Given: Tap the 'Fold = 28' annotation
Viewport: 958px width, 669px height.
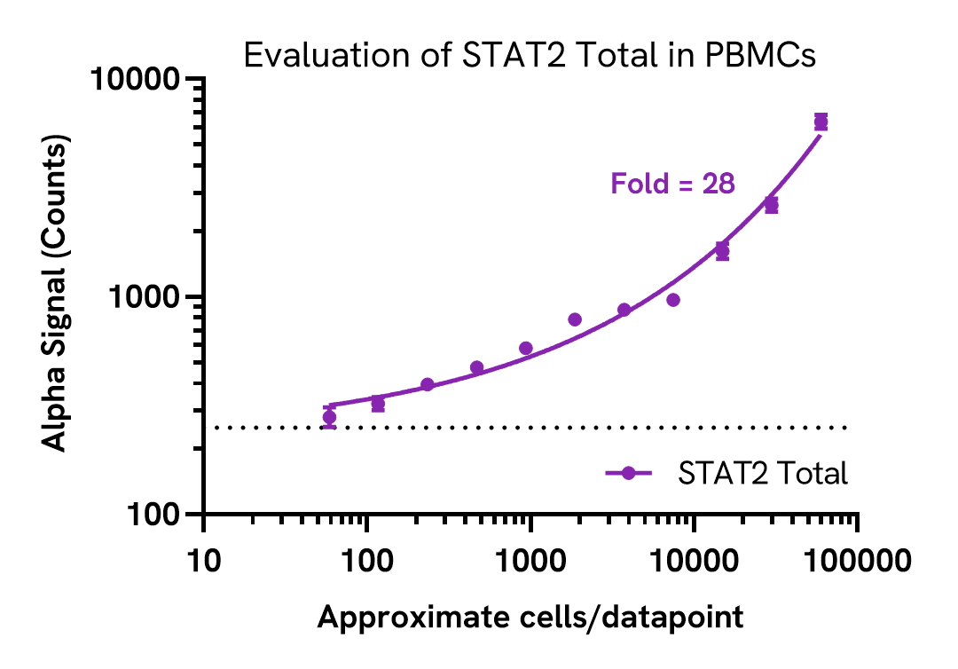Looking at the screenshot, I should pos(672,185).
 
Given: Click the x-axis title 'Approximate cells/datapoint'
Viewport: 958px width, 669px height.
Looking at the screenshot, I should pos(530,617).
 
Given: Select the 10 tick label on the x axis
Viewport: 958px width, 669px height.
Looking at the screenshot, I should pos(204,560).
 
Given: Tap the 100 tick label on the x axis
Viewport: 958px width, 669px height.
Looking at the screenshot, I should pos(367,560).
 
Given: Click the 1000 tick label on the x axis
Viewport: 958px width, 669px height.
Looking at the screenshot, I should pos(530,560).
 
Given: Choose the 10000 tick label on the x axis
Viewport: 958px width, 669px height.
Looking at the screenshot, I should pos(694,560).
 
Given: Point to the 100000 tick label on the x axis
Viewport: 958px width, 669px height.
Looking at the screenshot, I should pos(856,560).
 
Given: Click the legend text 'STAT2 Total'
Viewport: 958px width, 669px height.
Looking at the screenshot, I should pos(763,474).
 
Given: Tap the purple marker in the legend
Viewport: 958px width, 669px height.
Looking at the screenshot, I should pos(629,474).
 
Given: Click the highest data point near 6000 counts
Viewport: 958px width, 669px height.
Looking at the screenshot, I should pos(821,122).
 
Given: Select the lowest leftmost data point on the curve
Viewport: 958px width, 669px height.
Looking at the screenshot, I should pos(329,417).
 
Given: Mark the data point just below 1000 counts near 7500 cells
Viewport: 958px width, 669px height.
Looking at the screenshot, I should pos(673,300).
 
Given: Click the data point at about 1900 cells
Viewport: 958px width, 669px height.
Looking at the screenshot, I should pos(575,319).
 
